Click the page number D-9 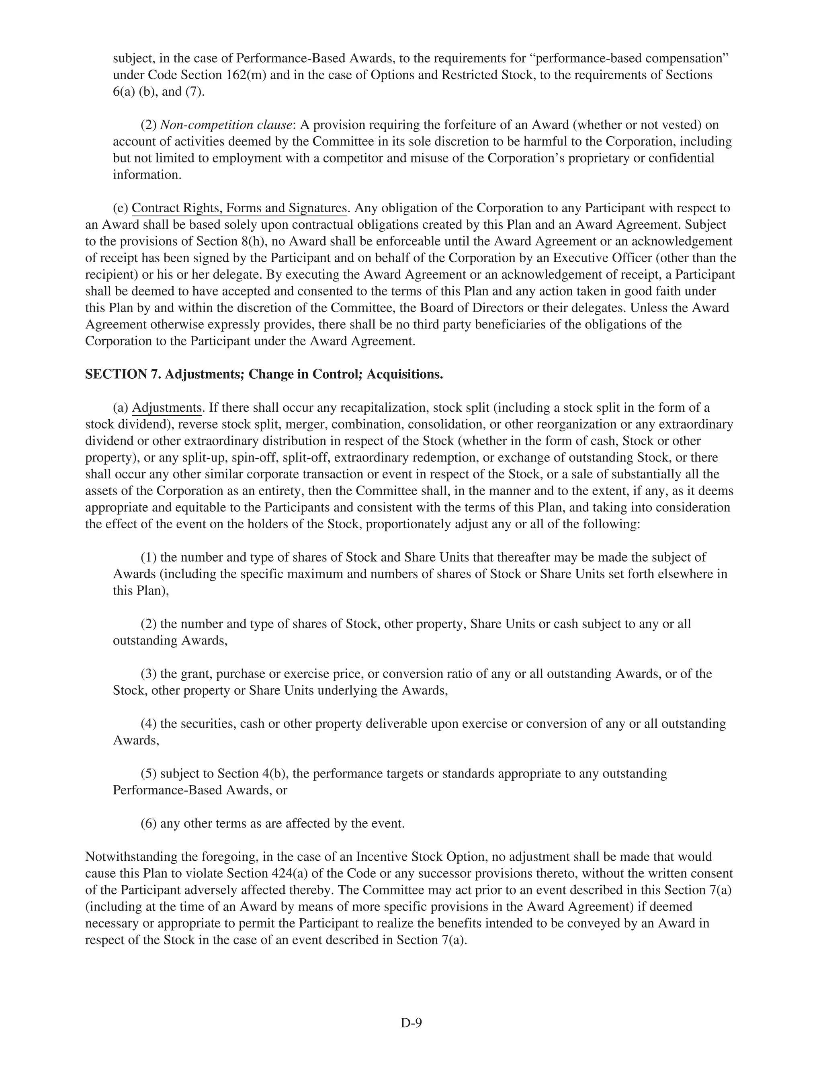pos(411,1022)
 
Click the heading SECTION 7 pos(123,374)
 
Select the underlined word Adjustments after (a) pos(166,408)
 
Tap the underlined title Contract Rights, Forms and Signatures pos(239,208)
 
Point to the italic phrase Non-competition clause pos(226,125)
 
